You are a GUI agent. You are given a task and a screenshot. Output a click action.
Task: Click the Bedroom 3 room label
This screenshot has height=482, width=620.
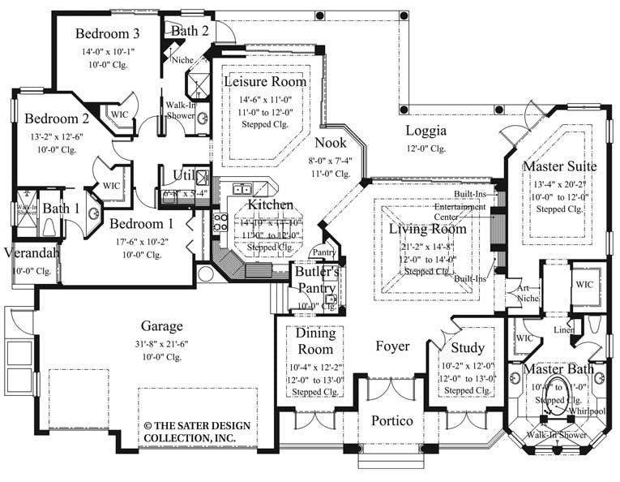point(108,33)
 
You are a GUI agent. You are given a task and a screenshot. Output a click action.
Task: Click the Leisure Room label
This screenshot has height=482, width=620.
point(265,82)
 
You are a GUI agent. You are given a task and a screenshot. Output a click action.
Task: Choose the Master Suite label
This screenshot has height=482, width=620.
point(559,166)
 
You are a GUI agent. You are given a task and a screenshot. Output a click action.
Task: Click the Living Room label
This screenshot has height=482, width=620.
point(427,230)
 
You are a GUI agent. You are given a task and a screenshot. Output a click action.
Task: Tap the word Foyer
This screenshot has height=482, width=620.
point(392,346)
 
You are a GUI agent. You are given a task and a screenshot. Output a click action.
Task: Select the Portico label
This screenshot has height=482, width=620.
point(392,421)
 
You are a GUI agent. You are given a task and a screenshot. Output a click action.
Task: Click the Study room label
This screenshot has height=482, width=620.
point(468,348)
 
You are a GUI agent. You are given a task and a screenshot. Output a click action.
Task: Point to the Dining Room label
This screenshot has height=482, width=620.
point(314,342)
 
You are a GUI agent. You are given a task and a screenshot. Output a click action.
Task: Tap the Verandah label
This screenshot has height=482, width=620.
point(31,253)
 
